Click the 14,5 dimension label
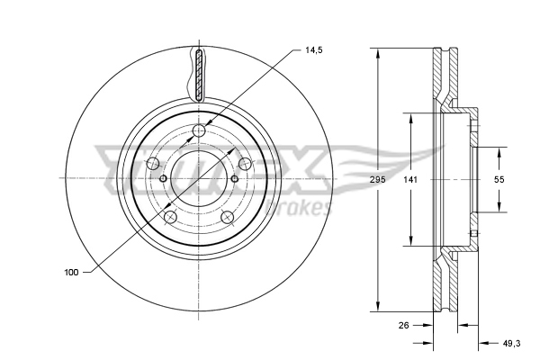tap(313, 51)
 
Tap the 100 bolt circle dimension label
tap(71, 272)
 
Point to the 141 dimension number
tap(410, 180)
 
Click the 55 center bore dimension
tap(499, 180)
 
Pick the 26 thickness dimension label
tap(405, 327)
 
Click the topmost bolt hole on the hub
tap(200, 133)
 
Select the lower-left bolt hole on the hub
tap(171, 216)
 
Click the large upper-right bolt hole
tap(244, 163)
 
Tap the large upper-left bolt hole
tap(153, 163)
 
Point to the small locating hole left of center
tap(163, 178)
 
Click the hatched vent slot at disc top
tap(199, 75)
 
